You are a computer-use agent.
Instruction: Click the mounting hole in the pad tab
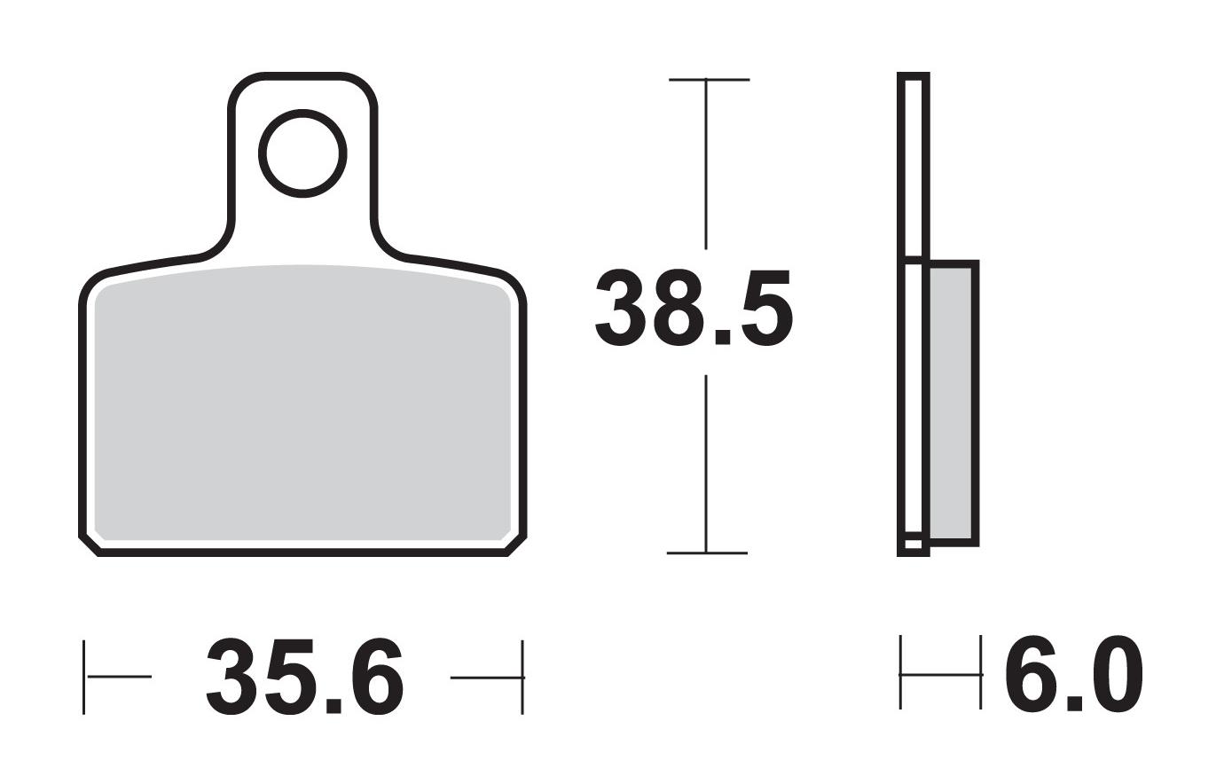pyautogui.click(x=302, y=153)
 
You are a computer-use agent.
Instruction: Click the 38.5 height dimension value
pyautogui.click(x=692, y=309)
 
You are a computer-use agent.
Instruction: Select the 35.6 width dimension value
pyautogui.click(x=305, y=677)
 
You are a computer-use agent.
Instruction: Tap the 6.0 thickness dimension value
pyautogui.click(x=1073, y=675)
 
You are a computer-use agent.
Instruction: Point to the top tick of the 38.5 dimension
pyautogui.click(x=708, y=80)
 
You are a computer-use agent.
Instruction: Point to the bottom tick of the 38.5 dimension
pyautogui.click(x=707, y=553)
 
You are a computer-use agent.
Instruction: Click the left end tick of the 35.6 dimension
pyautogui.click(x=84, y=677)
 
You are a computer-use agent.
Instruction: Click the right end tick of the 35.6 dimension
pyautogui.click(x=522, y=677)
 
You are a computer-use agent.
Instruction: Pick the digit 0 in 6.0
pyautogui.click(x=1115, y=675)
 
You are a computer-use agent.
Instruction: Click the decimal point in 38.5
pyautogui.click(x=722, y=336)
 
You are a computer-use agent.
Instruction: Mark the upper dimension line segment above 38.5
pyautogui.click(x=706, y=164)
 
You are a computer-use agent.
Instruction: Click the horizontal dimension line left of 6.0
pyautogui.click(x=940, y=675)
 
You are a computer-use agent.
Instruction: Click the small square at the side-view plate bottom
pyautogui.click(x=913, y=544)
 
